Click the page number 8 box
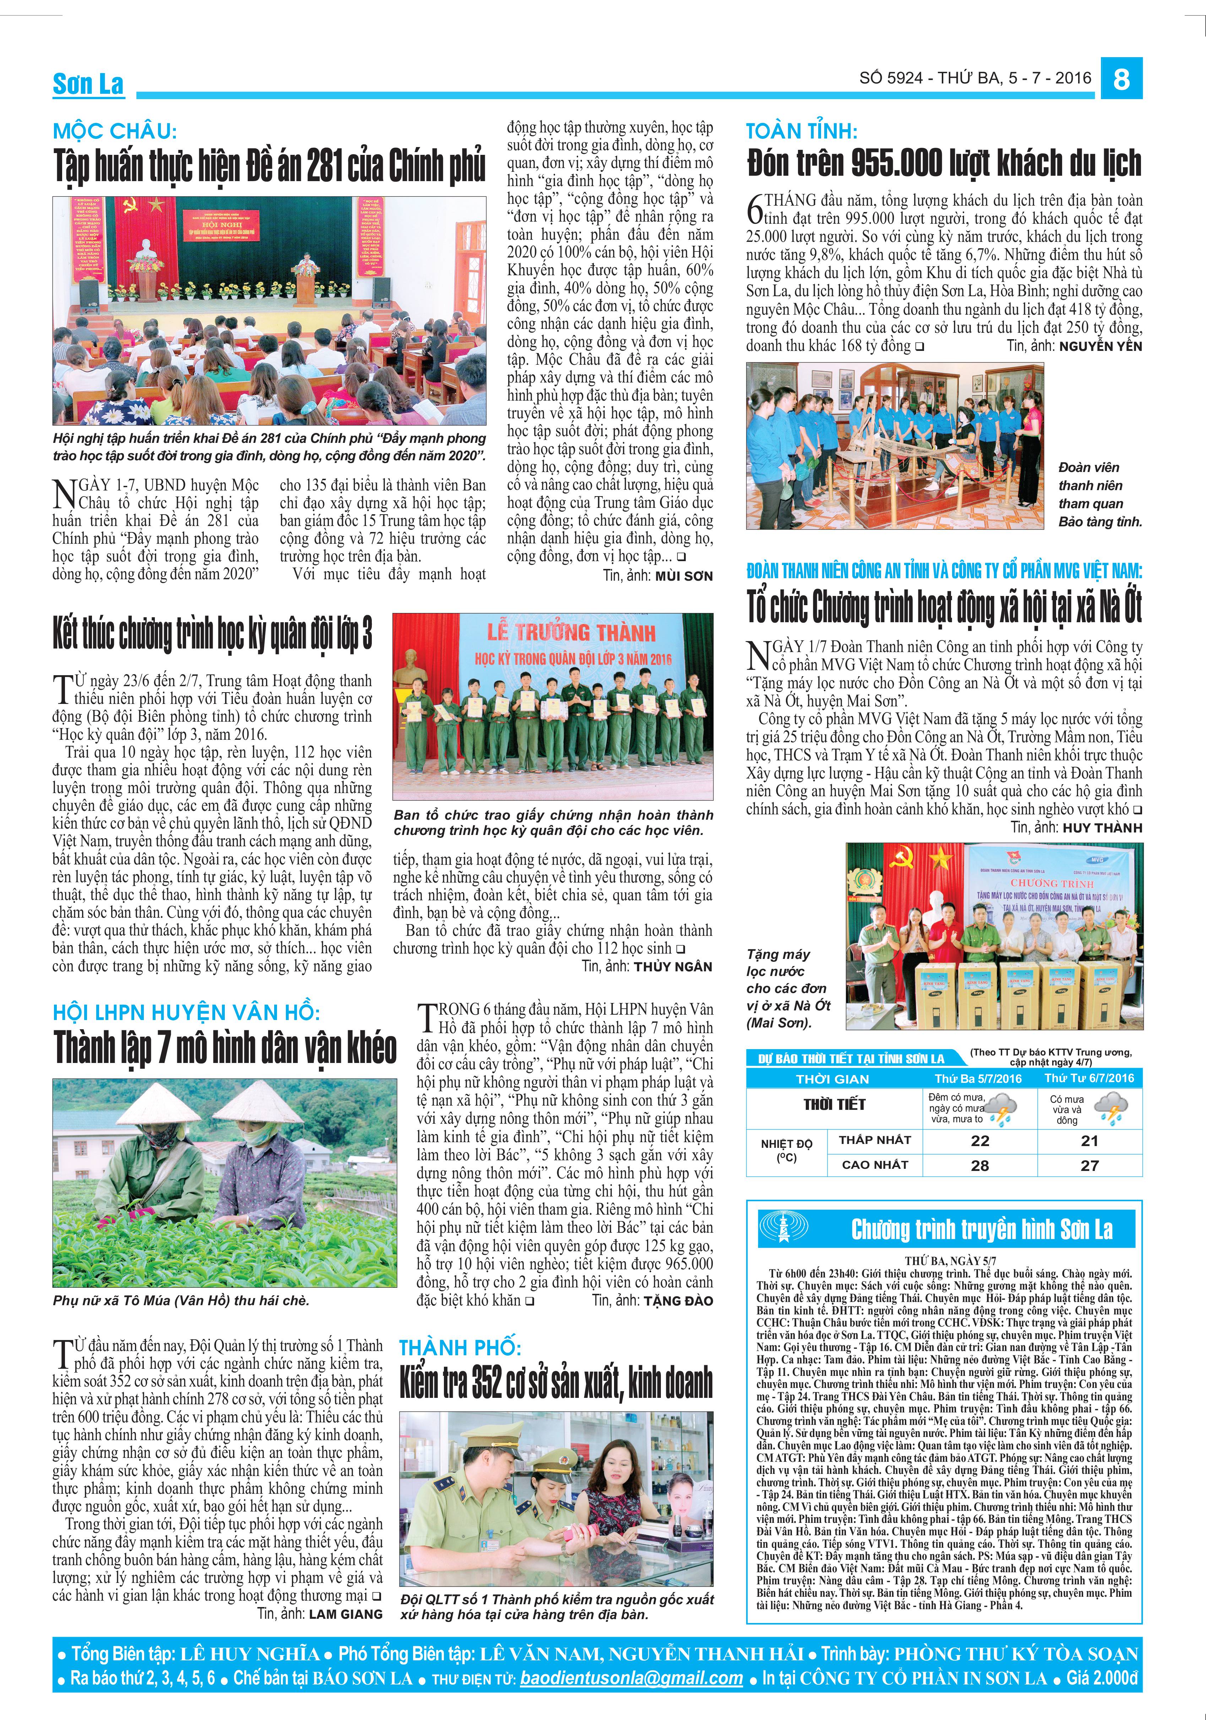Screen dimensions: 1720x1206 coord(1121,78)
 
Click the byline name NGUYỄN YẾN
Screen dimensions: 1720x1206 coord(1101,346)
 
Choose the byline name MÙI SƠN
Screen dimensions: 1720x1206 coord(684,576)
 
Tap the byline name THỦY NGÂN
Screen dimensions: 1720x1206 coord(673,967)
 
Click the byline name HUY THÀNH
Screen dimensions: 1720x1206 coord(1102,828)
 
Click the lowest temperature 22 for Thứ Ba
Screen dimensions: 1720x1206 coord(980,1141)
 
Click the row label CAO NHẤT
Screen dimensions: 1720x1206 coord(875,1165)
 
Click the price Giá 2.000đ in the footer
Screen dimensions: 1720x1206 coord(1101,1679)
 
